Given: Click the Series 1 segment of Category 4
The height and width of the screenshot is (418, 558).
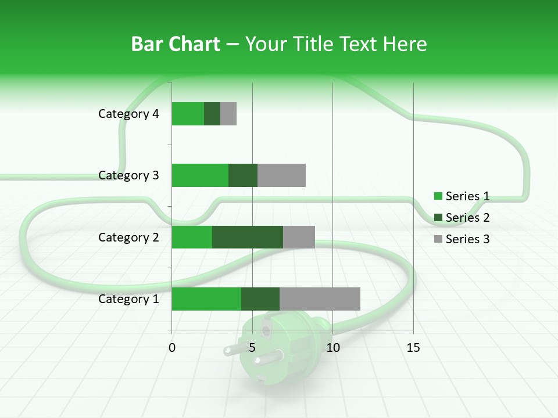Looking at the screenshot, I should (188, 114).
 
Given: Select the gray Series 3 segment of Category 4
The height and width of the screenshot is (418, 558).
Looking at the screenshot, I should (228, 114).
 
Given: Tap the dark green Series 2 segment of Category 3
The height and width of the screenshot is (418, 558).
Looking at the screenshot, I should (243, 175).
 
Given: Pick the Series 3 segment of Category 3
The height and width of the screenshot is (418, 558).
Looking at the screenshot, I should (281, 175).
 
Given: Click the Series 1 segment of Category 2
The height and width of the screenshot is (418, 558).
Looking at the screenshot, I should (192, 237).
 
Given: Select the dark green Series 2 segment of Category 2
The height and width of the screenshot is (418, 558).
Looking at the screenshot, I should (248, 237).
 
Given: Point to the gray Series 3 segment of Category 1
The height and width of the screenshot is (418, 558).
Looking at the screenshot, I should (320, 298).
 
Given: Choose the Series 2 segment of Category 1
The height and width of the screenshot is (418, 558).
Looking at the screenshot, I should (260, 298).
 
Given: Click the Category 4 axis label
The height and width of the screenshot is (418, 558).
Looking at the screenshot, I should (128, 114).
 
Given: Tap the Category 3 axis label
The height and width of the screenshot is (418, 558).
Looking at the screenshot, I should (128, 175).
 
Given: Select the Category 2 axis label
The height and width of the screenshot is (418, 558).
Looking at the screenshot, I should (128, 237).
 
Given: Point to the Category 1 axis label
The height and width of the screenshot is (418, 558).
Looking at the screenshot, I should (128, 299).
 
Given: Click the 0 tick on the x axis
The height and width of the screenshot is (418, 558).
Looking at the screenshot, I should (172, 348).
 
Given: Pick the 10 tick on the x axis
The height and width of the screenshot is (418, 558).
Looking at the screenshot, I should (332, 348).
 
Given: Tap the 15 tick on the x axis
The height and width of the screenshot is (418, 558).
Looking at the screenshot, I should (413, 348).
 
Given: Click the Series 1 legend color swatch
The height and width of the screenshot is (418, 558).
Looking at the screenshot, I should (438, 196).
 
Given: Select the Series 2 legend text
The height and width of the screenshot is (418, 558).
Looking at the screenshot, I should (467, 218).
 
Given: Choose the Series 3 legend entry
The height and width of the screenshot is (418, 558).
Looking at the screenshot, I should (462, 239).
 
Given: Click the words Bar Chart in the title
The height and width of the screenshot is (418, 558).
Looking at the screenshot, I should (175, 44).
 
